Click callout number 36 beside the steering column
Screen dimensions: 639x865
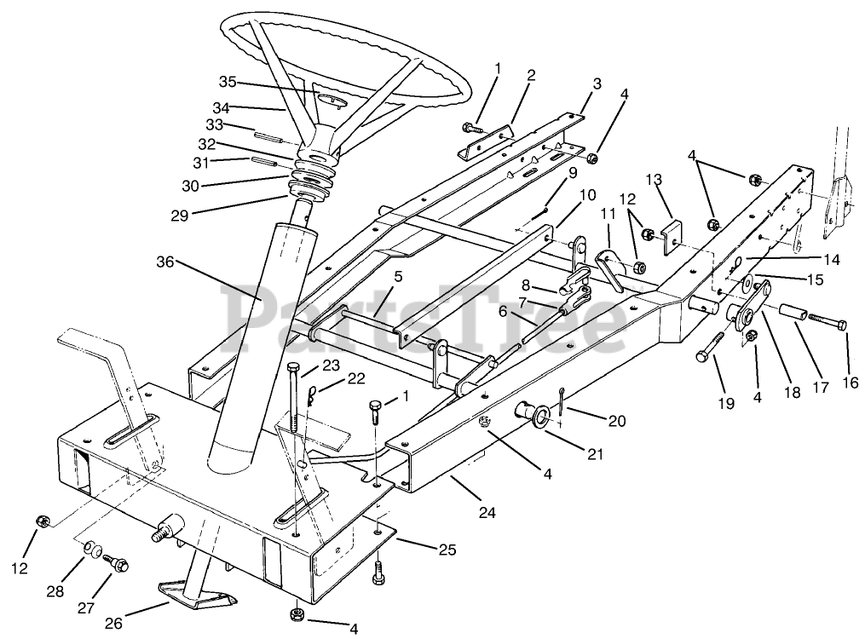pyautogui.click(x=167, y=262)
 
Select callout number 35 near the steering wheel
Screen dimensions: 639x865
pyautogui.click(x=227, y=83)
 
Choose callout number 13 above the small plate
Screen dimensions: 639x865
pyautogui.click(x=654, y=180)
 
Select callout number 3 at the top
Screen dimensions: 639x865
pyautogui.click(x=597, y=83)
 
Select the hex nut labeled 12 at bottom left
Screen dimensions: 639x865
pyautogui.click(x=40, y=520)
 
